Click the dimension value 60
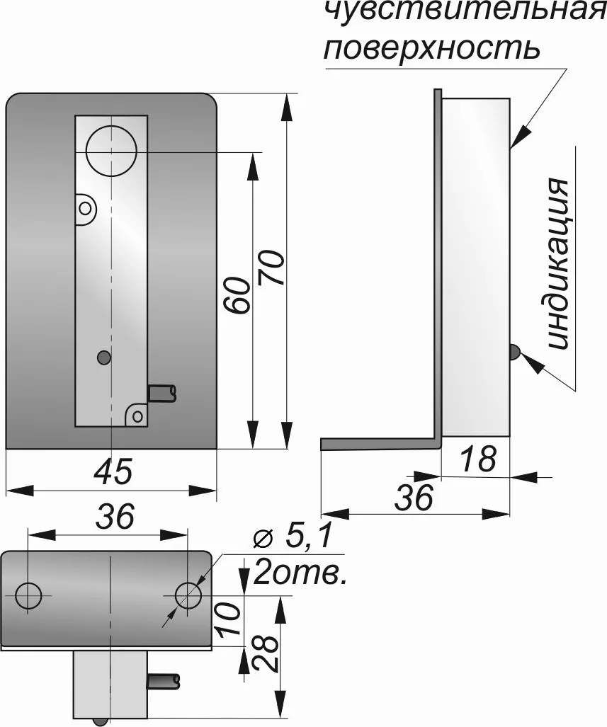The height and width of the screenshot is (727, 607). pyautogui.click(x=237, y=296)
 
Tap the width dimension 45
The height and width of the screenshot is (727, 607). pyautogui.click(x=113, y=471)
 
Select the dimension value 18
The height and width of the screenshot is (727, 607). pyautogui.click(x=480, y=459)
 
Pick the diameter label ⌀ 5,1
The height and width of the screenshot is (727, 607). pyautogui.click(x=293, y=537)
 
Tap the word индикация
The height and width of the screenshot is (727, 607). pyautogui.click(x=557, y=263)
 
